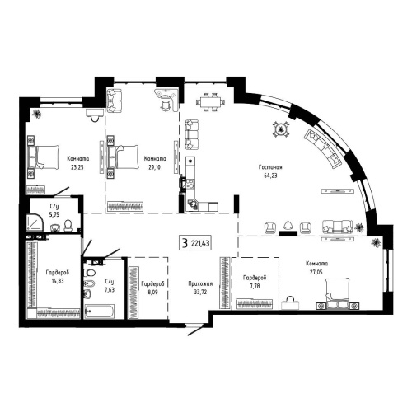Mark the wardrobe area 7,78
coord(252,288)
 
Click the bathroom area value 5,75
coord(54,214)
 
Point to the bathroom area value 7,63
coord(109,289)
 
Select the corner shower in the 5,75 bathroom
coord(38,221)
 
